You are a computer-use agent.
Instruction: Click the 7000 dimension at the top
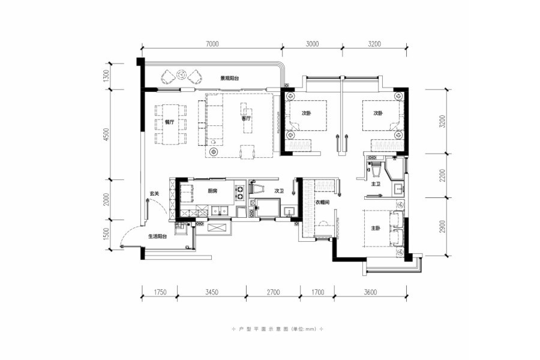point(212,44)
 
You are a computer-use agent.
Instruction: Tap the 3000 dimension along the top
point(312,44)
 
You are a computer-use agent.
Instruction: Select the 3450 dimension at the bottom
point(211,292)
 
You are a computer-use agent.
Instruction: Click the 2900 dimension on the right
point(443,227)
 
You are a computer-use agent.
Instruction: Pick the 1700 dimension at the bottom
point(317,292)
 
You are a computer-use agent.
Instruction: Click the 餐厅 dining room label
point(169,122)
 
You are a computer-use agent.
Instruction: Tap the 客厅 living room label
point(246,119)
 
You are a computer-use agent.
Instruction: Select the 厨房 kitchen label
point(212,191)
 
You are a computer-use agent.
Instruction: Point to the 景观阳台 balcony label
point(230,78)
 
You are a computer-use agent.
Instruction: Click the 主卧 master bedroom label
point(376,228)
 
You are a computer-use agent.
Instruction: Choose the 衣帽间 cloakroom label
point(323,202)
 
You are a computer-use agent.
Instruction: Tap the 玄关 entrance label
point(154,194)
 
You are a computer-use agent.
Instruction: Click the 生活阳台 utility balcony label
point(157,236)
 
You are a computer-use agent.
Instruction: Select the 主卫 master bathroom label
point(376,184)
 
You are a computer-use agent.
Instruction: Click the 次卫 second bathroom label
point(279,191)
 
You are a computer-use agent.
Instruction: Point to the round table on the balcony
point(181,74)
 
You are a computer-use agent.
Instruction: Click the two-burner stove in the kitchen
point(239,193)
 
